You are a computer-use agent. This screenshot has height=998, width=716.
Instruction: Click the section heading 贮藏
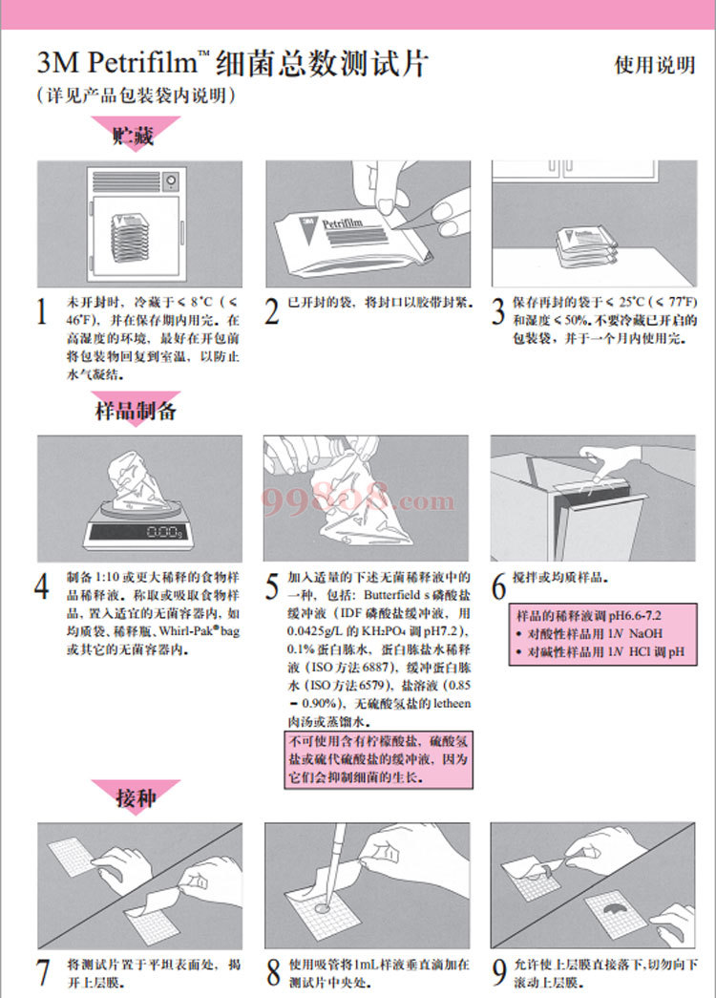click(x=134, y=136)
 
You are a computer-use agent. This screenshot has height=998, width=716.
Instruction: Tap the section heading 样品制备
click(x=136, y=411)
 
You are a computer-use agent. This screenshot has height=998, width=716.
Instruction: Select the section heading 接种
click(x=136, y=796)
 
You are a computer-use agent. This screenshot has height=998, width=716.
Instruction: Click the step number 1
click(x=42, y=312)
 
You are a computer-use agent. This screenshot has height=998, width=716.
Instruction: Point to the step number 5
click(x=272, y=586)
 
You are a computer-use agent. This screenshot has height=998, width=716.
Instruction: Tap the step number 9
click(x=499, y=972)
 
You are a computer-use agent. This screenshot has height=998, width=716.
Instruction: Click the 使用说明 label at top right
click(x=654, y=65)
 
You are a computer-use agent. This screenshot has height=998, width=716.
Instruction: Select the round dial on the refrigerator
click(x=171, y=180)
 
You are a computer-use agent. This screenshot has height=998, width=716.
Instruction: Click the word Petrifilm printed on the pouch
click(x=343, y=223)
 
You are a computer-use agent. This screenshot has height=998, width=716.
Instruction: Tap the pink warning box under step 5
click(x=378, y=760)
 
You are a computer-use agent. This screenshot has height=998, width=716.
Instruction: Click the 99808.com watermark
click(x=358, y=499)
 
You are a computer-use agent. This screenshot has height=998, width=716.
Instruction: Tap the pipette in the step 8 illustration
click(x=335, y=863)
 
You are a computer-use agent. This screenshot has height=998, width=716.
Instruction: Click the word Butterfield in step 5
click(x=392, y=595)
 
